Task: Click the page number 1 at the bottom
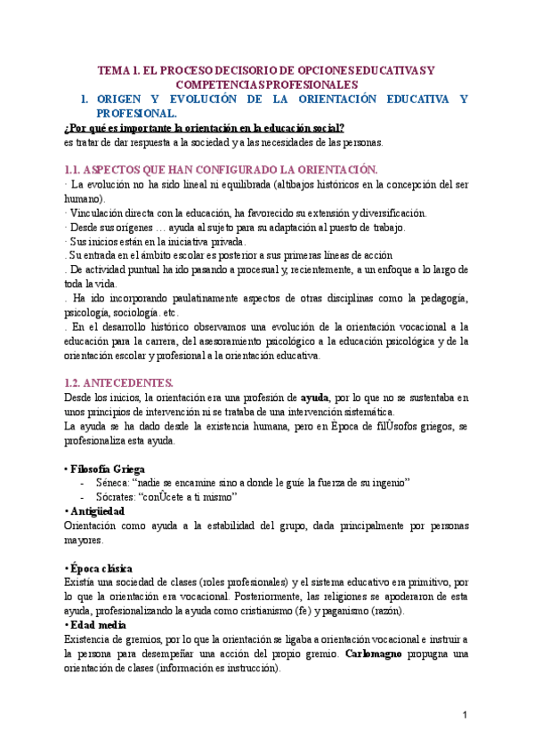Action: tap(465, 714)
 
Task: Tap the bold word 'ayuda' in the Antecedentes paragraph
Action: tap(313, 397)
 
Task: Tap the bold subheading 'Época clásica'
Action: tap(101, 568)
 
